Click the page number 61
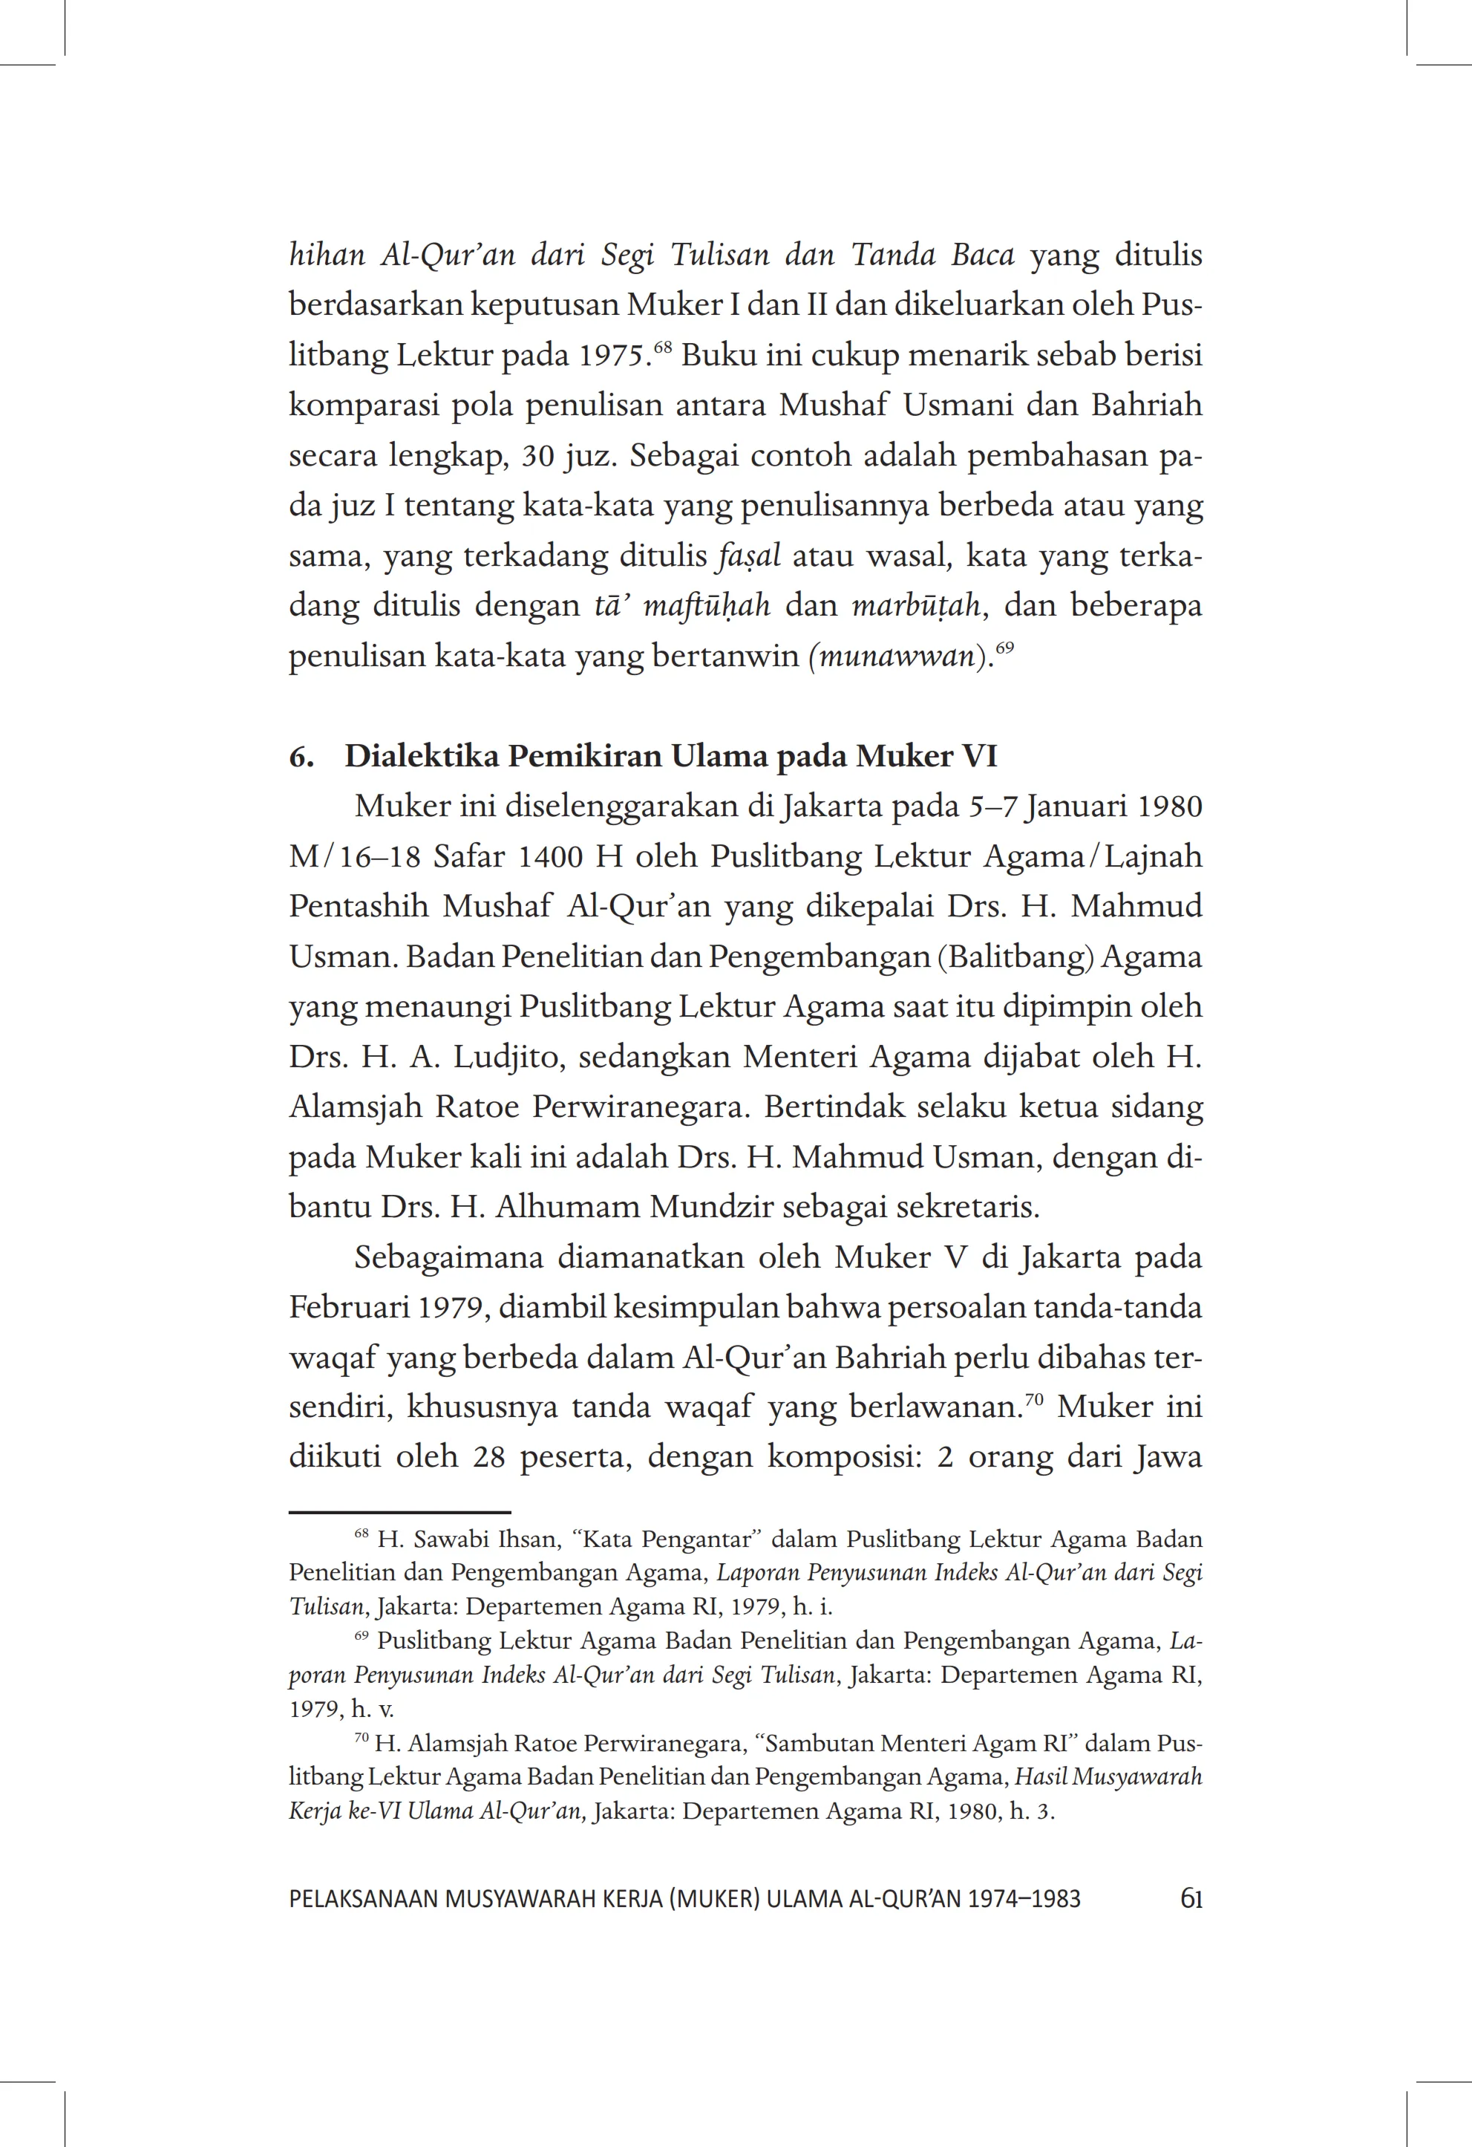(1191, 1900)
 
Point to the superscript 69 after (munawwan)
(1005, 648)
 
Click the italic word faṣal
(749, 556)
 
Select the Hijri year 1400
(550, 856)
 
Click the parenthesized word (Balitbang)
(1015, 957)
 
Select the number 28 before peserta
(488, 1458)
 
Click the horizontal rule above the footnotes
(400, 1512)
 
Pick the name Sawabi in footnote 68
(457, 1540)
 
